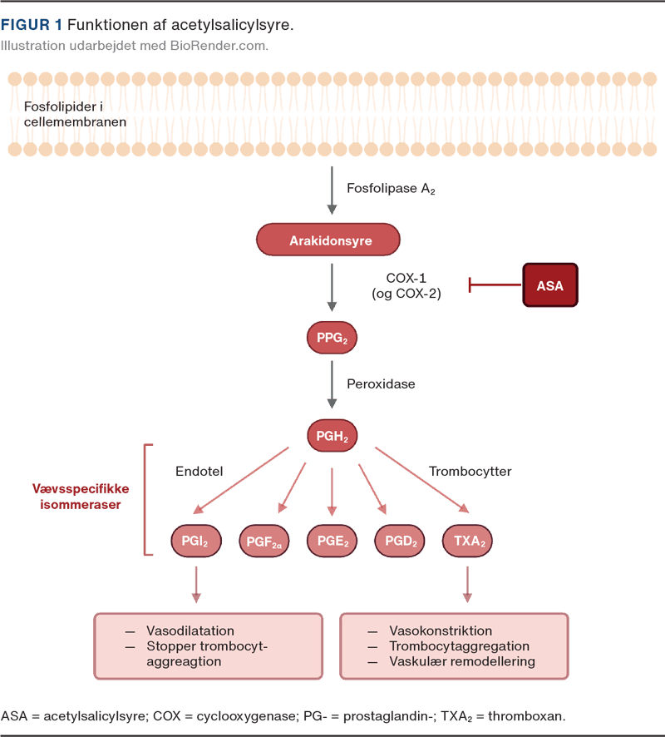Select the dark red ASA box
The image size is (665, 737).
(549, 285)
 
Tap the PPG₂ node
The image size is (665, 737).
(332, 338)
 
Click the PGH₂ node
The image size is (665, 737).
(332, 435)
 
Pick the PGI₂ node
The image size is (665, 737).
(195, 541)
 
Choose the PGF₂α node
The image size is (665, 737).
(264, 542)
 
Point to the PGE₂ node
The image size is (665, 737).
(332, 541)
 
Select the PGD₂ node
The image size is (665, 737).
(401, 541)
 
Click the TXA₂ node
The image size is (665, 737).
(468, 541)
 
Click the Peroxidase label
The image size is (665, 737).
(380, 384)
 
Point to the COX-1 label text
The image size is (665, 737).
(406, 279)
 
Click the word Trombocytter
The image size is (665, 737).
(470, 472)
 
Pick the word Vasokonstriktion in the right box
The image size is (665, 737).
(441, 631)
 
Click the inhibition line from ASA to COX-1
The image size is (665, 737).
(495, 285)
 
